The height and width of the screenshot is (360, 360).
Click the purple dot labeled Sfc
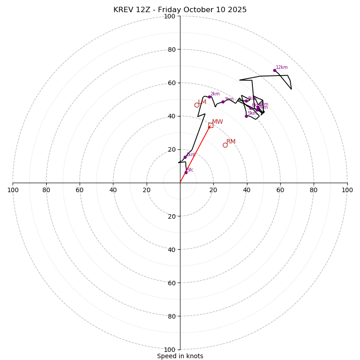186,172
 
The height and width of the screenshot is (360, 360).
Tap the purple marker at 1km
185,157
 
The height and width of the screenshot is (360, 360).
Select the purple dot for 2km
209,97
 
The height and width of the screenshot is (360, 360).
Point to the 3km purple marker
223,102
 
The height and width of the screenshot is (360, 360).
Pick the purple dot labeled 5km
246,116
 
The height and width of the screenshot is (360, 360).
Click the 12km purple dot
274,70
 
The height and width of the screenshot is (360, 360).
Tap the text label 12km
282,67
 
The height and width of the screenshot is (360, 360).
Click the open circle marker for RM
225,145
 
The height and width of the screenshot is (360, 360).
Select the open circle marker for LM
197,105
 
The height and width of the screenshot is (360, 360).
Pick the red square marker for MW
211,125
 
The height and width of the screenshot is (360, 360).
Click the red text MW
217,122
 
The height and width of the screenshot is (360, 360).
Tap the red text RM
231,142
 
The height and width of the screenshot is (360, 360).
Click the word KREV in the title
122,10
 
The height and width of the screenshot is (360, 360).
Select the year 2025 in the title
237,10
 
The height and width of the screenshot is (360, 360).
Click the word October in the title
198,10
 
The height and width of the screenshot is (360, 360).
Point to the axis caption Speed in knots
180,356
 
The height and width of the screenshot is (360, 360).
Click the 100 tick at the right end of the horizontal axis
347,190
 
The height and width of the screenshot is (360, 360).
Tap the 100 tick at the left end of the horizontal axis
13,190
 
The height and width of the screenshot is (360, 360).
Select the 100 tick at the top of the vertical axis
170,16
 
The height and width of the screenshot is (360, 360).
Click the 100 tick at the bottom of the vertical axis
170,350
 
